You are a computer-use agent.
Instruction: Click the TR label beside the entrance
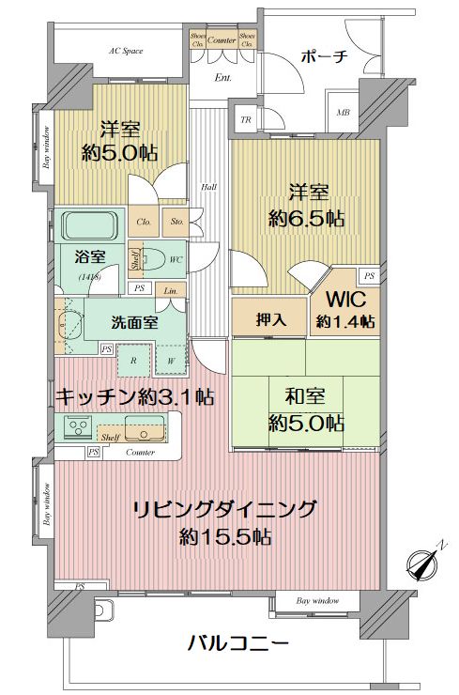tap(246, 119)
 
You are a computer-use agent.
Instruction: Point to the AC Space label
tap(126, 50)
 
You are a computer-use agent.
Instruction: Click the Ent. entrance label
tap(223, 77)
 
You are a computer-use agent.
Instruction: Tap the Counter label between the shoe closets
tap(222, 40)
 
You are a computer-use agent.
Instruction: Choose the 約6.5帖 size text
tap(306, 219)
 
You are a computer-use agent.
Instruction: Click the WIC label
tap(344, 301)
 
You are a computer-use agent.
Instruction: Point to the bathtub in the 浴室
tap(88, 225)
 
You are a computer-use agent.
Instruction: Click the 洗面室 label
tap(133, 322)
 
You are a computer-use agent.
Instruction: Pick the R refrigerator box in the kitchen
tap(134, 360)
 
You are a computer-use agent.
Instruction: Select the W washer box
tap(171, 360)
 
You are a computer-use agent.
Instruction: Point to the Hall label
tap(208, 187)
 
